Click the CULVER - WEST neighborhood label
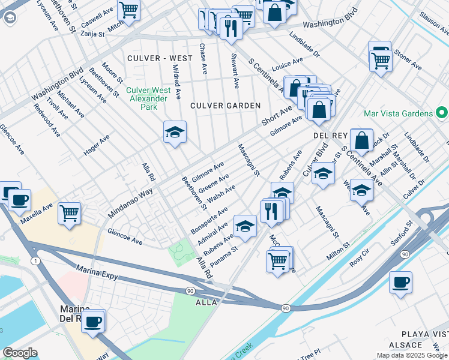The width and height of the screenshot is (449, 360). pos(160,58)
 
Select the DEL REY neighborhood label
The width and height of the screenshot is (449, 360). pos(327,136)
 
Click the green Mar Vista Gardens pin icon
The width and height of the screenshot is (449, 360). pos(442,113)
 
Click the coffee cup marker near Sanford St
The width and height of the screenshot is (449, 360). pos(400,282)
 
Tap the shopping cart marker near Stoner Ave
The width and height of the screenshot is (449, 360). pos(381,60)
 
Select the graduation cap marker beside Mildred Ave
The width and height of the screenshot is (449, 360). pos(175,133)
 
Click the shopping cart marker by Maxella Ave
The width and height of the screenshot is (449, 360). pos(70,212)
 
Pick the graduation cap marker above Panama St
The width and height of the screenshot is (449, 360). pos(244,226)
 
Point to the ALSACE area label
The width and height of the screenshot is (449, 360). pos(405,345)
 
